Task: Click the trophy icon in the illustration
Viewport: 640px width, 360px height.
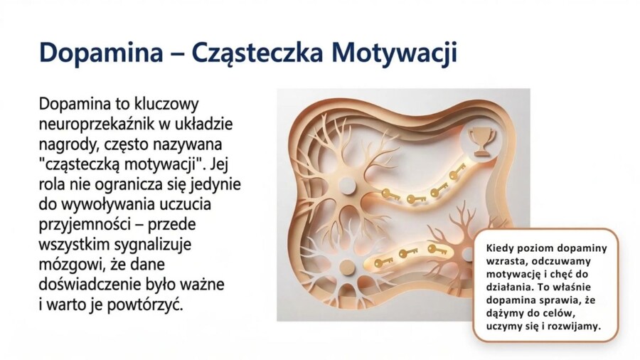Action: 481,142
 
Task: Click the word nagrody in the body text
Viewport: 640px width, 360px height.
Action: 66,144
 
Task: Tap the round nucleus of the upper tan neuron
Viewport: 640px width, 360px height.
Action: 346,186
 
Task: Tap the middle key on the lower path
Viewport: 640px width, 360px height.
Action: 407,253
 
